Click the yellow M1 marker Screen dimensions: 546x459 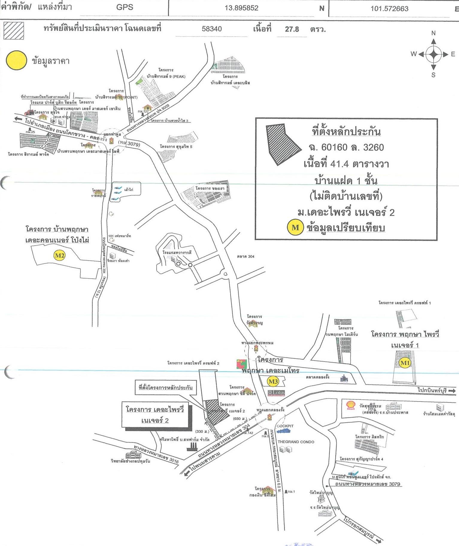pos(405,363)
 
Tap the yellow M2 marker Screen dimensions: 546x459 pos(59,255)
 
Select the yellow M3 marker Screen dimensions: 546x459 pos(273,381)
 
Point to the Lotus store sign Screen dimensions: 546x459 pos(276,393)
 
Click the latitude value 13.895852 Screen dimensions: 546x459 pos(241,8)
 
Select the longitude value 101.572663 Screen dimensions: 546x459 pos(389,8)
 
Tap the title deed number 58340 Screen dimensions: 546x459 pos(212,29)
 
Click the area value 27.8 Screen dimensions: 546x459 pos(292,29)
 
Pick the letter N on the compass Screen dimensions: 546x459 pos(433,33)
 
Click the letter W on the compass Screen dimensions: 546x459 pos(413,54)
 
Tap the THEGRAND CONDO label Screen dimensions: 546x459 pos(296,442)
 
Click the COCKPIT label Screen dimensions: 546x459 pos(285,426)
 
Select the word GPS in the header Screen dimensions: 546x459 pos(125,7)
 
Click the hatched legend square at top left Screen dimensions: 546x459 pos(13,31)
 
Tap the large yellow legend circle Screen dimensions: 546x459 pos(16,60)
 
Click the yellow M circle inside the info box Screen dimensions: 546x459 pos(295,228)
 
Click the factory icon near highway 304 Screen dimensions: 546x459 pos(191,446)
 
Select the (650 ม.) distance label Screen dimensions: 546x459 pos(240,419)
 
